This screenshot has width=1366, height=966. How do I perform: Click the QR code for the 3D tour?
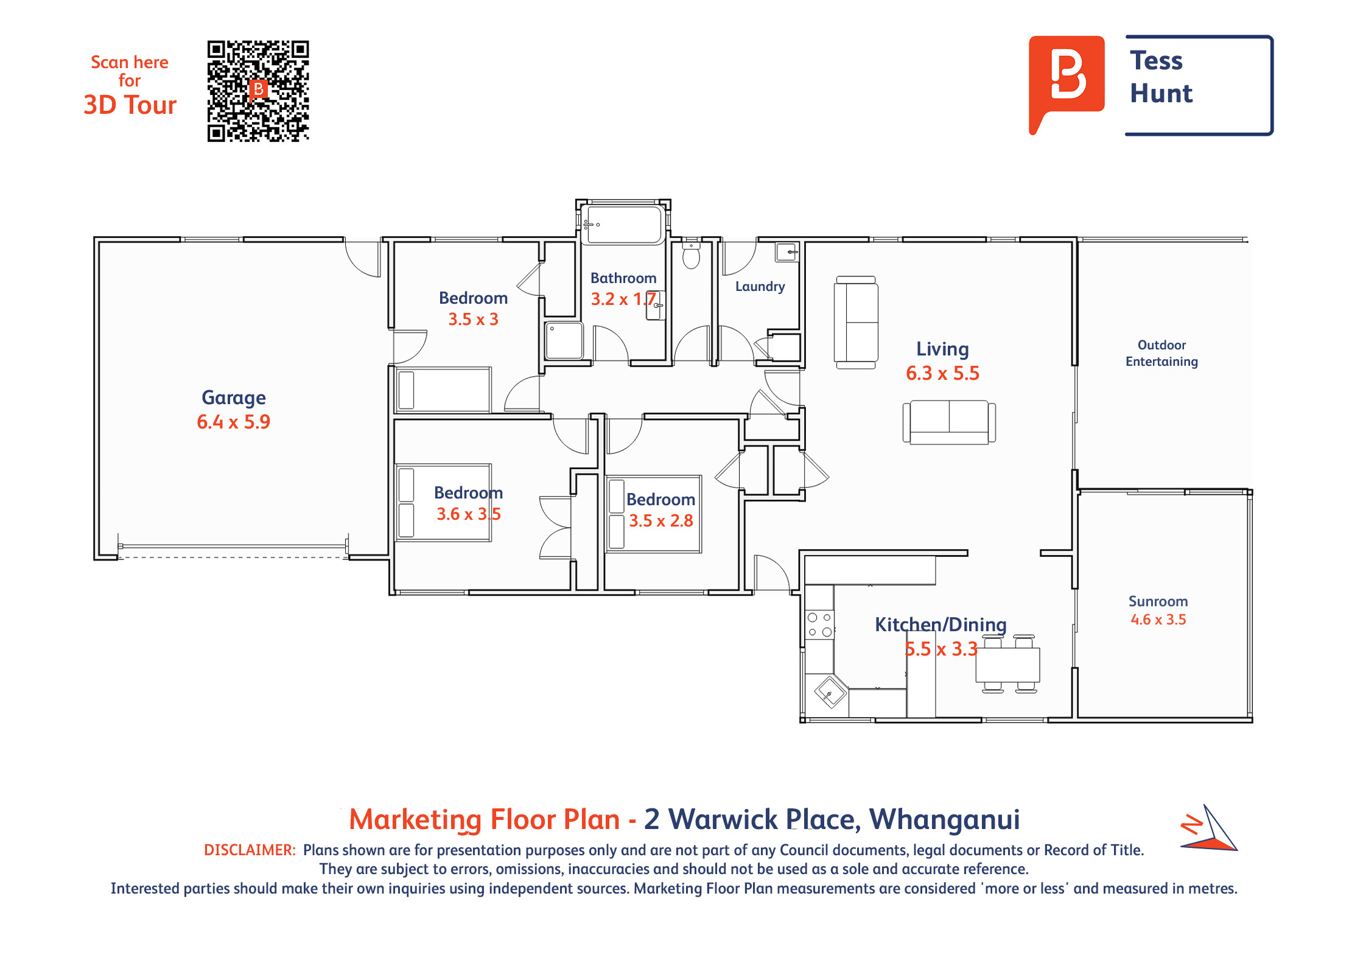[x=258, y=91]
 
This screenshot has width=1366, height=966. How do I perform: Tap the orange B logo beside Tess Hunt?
[x=1067, y=82]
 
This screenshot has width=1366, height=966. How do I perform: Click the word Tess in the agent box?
[x=1156, y=60]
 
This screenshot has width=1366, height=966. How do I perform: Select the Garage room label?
[x=234, y=398]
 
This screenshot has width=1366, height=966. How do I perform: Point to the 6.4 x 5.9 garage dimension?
[x=233, y=422]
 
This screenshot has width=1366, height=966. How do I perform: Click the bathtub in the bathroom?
[x=622, y=225]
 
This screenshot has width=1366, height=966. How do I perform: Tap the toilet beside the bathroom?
[x=691, y=254]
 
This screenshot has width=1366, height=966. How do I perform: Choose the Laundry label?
[x=760, y=286]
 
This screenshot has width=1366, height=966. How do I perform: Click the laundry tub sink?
[x=786, y=251]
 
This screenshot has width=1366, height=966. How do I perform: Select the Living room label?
[x=942, y=349]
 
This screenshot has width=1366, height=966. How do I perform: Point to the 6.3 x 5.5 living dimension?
[x=942, y=373]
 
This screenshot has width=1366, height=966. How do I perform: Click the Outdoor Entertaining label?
[x=1161, y=353]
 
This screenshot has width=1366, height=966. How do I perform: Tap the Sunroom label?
[x=1158, y=601]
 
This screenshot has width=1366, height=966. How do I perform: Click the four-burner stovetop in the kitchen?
[x=819, y=625]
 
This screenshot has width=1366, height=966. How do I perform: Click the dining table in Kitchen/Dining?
[x=1008, y=665]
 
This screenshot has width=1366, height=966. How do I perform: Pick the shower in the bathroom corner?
[x=564, y=340]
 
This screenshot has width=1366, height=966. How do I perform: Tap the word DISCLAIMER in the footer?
[x=250, y=850]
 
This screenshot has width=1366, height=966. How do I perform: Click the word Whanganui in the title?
[x=944, y=819]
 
